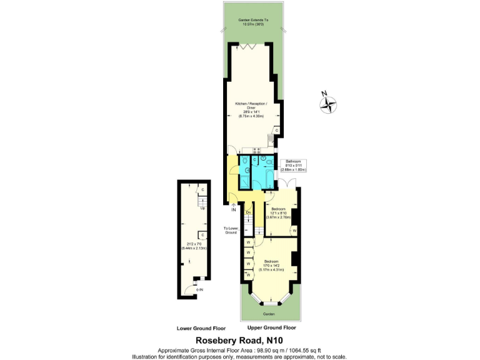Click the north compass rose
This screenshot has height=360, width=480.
pos(328,103)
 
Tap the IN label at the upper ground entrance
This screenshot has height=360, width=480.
pos(234,210)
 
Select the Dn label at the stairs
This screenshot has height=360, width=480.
pos(248,213)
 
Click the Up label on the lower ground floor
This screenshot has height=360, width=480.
pos(202,208)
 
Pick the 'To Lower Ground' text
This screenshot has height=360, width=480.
pos(231,230)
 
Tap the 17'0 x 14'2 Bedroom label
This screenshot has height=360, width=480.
pos(272,265)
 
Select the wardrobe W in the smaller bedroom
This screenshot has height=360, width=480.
pos(294,231)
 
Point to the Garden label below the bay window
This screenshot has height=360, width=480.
pos(269,314)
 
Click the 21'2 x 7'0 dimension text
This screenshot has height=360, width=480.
pos(194,246)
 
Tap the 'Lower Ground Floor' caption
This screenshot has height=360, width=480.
pos(201,327)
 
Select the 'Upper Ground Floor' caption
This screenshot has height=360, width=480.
pos(271,327)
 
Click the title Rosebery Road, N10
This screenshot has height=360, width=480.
pos(240,340)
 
